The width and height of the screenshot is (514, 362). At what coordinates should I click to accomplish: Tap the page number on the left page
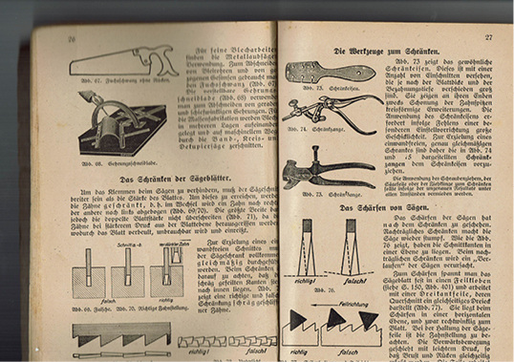click(71, 40)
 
